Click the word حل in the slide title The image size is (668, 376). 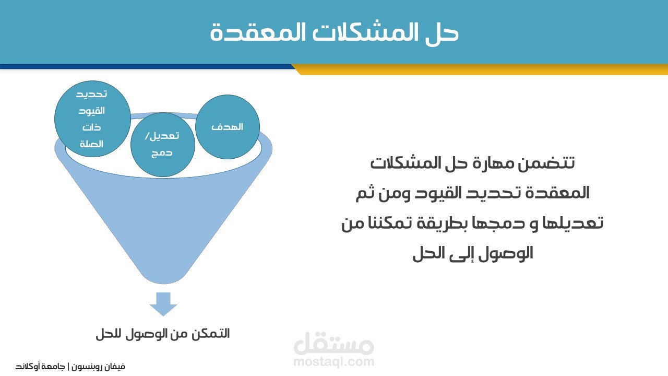(x=442, y=33)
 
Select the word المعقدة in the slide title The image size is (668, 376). (x=257, y=32)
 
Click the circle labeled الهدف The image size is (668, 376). (x=227, y=127)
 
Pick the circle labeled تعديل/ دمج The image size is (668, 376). (x=163, y=145)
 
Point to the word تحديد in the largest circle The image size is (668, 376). (x=91, y=94)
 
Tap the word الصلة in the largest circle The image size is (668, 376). (x=91, y=144)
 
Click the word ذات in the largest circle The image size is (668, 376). (x=91, y=127)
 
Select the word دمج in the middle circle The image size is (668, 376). (x=162, y=153)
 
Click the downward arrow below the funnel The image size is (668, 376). (x=163, y=304)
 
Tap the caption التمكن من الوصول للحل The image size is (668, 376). (x=163, y=334)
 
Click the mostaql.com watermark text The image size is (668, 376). (x=334, y=362)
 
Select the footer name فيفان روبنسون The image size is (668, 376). (x=98, y=367)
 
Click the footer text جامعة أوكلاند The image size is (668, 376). (x=40, y=366)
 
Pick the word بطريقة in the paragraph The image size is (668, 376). (x=444, y=223)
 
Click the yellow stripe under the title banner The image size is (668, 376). (x=480, y=69)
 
